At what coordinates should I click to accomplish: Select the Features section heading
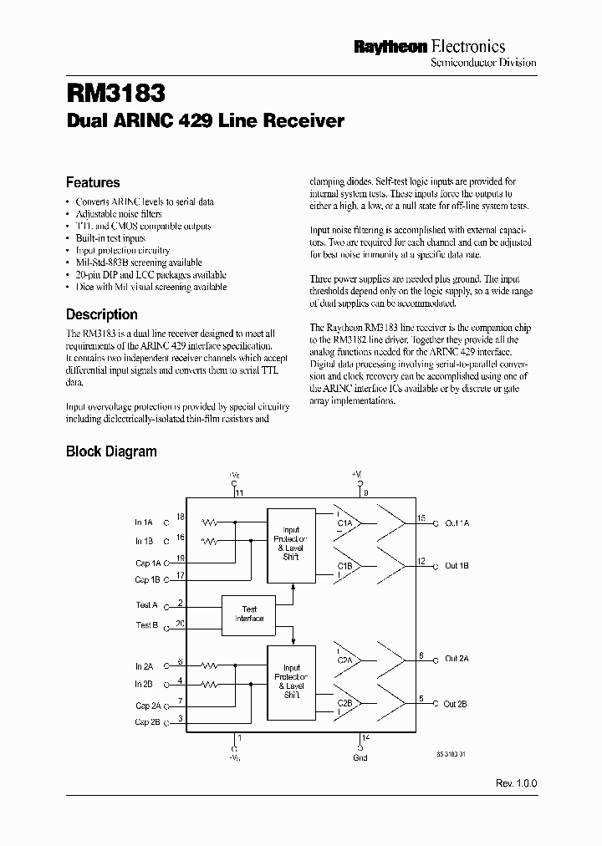coord(93,182)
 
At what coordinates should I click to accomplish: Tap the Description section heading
coord(101,314)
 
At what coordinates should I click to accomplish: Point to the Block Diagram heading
coord(111,451)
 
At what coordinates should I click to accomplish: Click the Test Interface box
coord(249,614)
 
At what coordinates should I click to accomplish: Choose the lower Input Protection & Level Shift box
coord(291,680)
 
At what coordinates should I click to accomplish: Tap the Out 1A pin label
coord(457,522)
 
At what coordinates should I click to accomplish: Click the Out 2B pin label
coord(457,704)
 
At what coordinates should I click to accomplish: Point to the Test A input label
coord(146,604)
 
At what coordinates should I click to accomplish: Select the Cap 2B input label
coord(147,721)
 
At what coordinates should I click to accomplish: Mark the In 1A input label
coord(145,522)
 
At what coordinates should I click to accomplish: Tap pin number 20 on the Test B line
coord(181,624)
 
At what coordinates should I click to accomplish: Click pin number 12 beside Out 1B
coord(422,561)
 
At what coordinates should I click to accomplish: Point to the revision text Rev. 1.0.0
coord(517,784)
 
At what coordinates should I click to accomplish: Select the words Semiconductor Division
coord(482,63)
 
